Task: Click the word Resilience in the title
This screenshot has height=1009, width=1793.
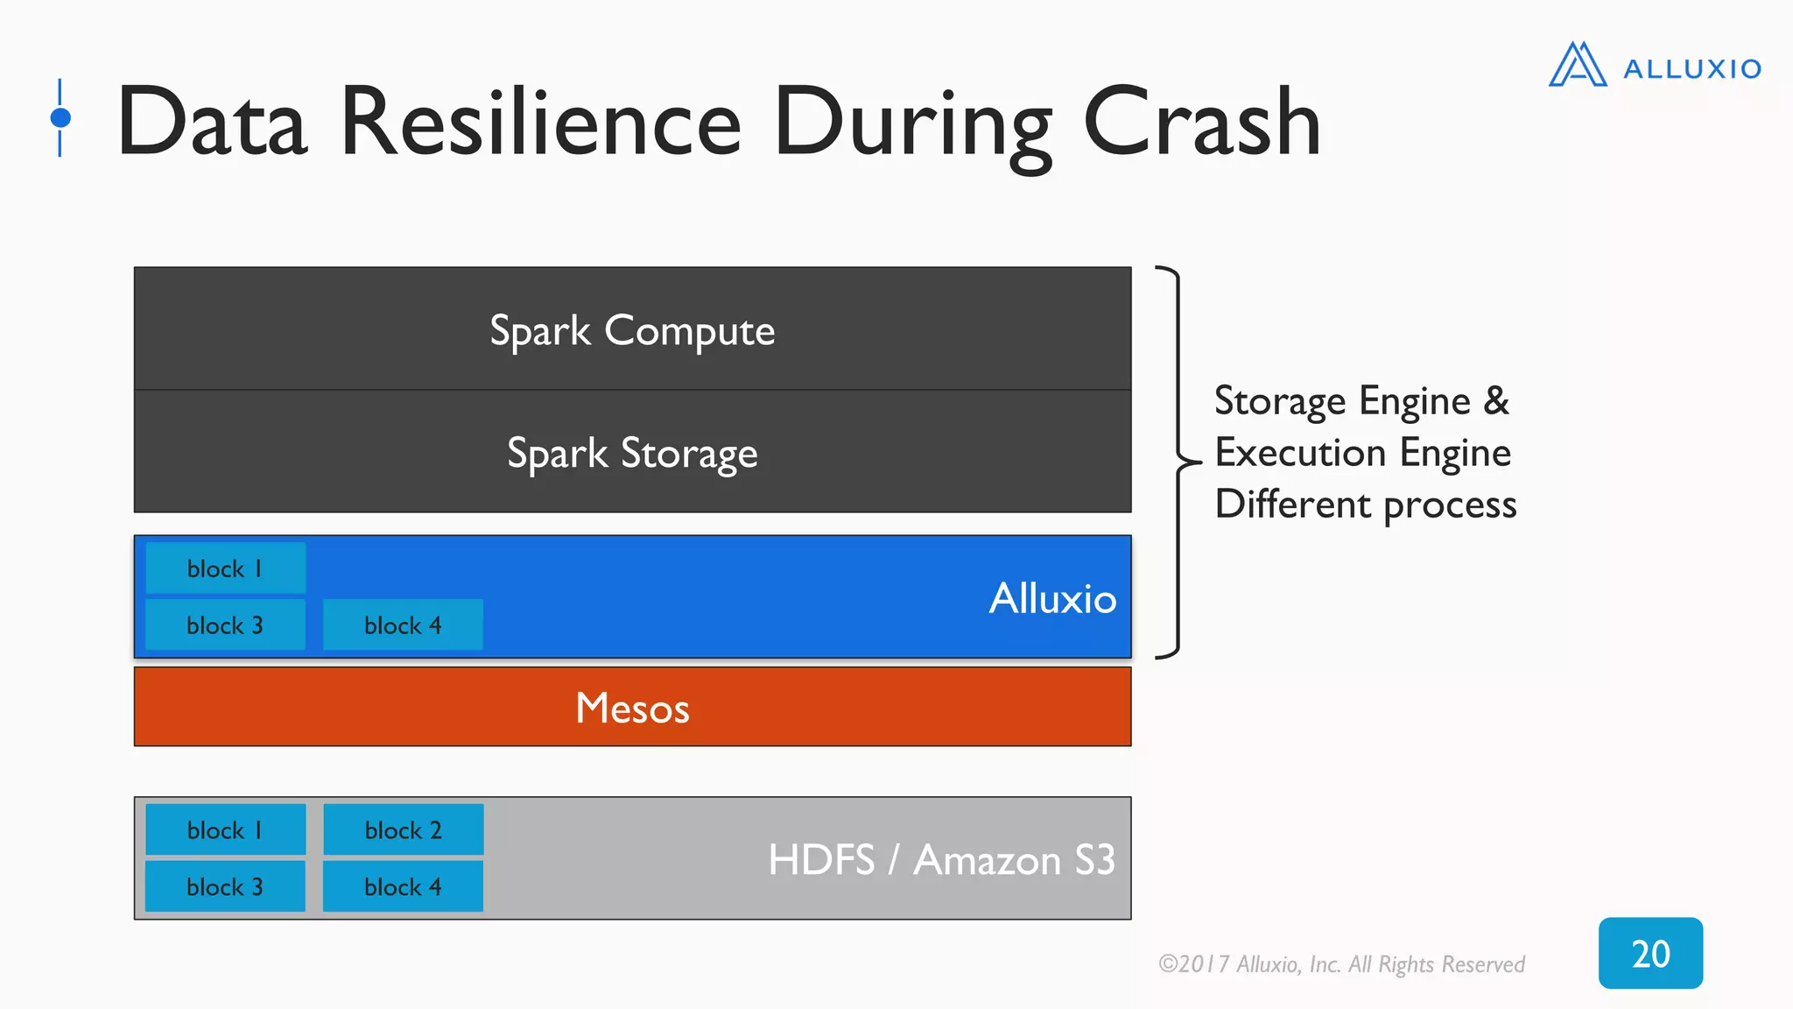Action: (540, 123)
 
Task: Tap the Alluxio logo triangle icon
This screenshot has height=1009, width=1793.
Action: (1577, 65)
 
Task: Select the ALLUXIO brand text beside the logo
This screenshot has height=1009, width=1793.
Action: (1691, 69)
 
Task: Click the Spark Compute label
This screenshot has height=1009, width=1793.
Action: (632, 330)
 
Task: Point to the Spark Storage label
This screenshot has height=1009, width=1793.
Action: (632, 453)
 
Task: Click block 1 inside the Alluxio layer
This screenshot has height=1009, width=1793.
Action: (225, 568)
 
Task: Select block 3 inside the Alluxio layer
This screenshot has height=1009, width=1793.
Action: (225, 625)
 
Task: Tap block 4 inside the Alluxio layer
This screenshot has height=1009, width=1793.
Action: (403, 625)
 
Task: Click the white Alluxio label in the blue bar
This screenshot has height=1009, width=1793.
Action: (1052, 598)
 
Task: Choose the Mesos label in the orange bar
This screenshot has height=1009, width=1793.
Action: (632, 708)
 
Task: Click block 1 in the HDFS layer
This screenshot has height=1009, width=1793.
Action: (225, 829)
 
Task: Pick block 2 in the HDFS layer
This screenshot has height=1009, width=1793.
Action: (403, 829)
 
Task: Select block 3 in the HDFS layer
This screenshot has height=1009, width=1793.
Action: (225, 886)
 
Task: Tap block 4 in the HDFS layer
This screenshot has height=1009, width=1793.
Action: (403, 886)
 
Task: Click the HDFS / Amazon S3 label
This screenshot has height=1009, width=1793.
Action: (941, 859)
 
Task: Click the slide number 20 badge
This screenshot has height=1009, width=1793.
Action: (1650, 953)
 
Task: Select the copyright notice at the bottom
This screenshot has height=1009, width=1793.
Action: (1341, 964)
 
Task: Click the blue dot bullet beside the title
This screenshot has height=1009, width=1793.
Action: (60, 117)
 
